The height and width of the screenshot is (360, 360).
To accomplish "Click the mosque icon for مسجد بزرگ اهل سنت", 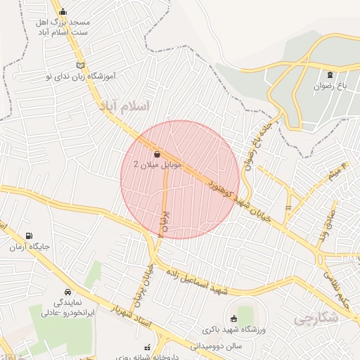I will click(63, 11).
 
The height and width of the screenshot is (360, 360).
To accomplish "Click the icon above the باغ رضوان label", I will click(330, 75).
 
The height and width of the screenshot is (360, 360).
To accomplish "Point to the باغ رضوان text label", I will click(331, 87).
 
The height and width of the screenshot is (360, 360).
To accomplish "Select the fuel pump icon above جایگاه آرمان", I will click(28, 236).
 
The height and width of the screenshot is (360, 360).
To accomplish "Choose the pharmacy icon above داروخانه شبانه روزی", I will click(147, 347).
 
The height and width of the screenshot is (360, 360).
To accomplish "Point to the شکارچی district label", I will click(314, 319).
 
